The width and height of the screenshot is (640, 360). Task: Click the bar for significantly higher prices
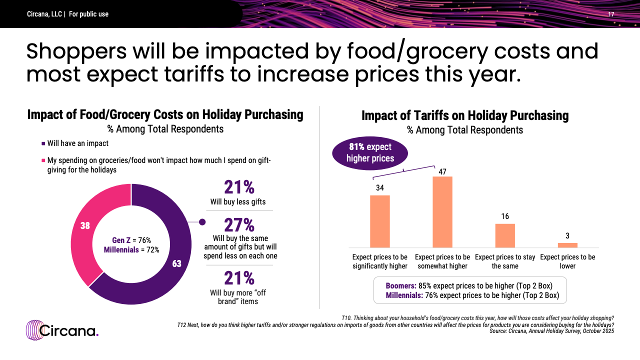379,221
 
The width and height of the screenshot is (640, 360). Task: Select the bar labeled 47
442,212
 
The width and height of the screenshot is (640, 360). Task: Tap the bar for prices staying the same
505,235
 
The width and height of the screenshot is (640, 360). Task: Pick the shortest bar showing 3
567,245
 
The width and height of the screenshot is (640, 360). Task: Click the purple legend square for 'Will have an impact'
43,143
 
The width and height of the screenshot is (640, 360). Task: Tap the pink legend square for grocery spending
43,160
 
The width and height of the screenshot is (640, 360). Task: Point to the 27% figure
239,225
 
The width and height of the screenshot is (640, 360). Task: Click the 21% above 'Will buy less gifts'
239,187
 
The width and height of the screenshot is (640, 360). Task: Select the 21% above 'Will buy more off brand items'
239,278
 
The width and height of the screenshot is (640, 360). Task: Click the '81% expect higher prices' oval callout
370,152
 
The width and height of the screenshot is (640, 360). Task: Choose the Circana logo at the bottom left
62,330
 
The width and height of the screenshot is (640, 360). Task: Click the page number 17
611,14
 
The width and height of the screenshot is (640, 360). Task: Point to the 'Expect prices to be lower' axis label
567,261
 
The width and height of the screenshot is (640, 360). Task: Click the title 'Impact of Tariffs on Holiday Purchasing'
465,115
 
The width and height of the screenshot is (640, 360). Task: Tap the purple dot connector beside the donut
202,222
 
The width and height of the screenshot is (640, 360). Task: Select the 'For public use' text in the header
88,14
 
